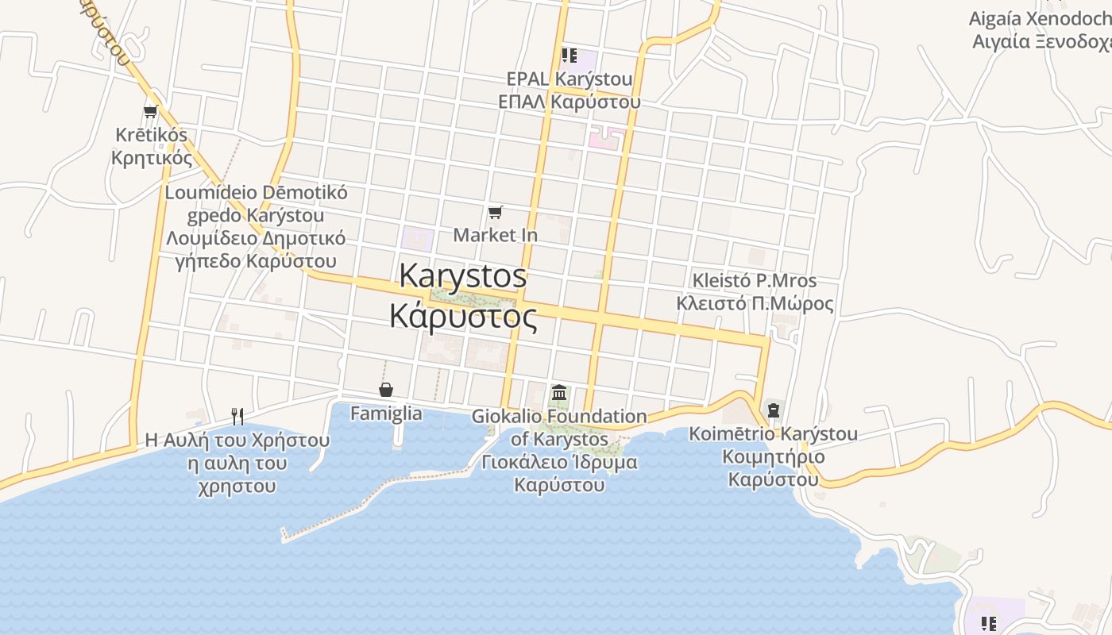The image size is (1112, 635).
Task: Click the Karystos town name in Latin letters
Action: [x=463, y=276]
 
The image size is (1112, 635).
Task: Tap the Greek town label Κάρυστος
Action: [x=463, y=315]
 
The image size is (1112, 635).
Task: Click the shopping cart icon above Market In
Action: [x=496, y=212]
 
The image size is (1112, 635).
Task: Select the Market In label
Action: [x=496, y=235]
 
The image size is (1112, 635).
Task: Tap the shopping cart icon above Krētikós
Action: [x=151, y=111]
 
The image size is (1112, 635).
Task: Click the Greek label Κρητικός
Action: [x=152, y=157]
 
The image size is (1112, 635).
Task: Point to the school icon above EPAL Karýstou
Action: [x=569, y=56]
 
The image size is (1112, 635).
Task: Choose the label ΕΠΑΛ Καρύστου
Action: [x=570, y=102]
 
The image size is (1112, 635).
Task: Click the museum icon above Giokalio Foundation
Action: [x=559, y=393]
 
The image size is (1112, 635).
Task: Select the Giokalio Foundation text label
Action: [x=559, y=416]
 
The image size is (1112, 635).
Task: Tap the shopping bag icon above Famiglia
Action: [x=386, y=390]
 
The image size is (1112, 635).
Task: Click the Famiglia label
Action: [x=386, y=414]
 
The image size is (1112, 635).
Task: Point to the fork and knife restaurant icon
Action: [x=237, y=416]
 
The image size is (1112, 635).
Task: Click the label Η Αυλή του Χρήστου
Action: [x=237, y=440]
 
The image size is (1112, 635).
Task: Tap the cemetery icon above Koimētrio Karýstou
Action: [x=774, y=410]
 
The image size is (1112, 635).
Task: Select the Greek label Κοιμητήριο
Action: [x=774, y=457]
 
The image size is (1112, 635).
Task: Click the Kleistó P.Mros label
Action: [x=755, y=280]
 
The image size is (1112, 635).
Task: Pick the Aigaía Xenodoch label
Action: [x=1040, y=19]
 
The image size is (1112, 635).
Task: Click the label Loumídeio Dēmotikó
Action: [x=256, y=192]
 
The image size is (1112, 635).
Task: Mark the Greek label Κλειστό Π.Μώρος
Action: [x=755, y=303]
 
